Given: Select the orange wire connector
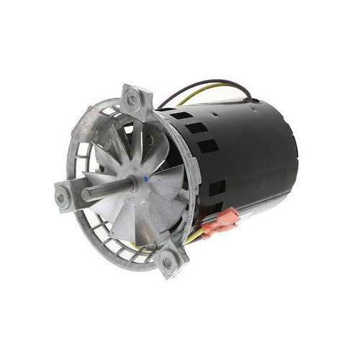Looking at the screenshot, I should [x=219, y=222].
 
